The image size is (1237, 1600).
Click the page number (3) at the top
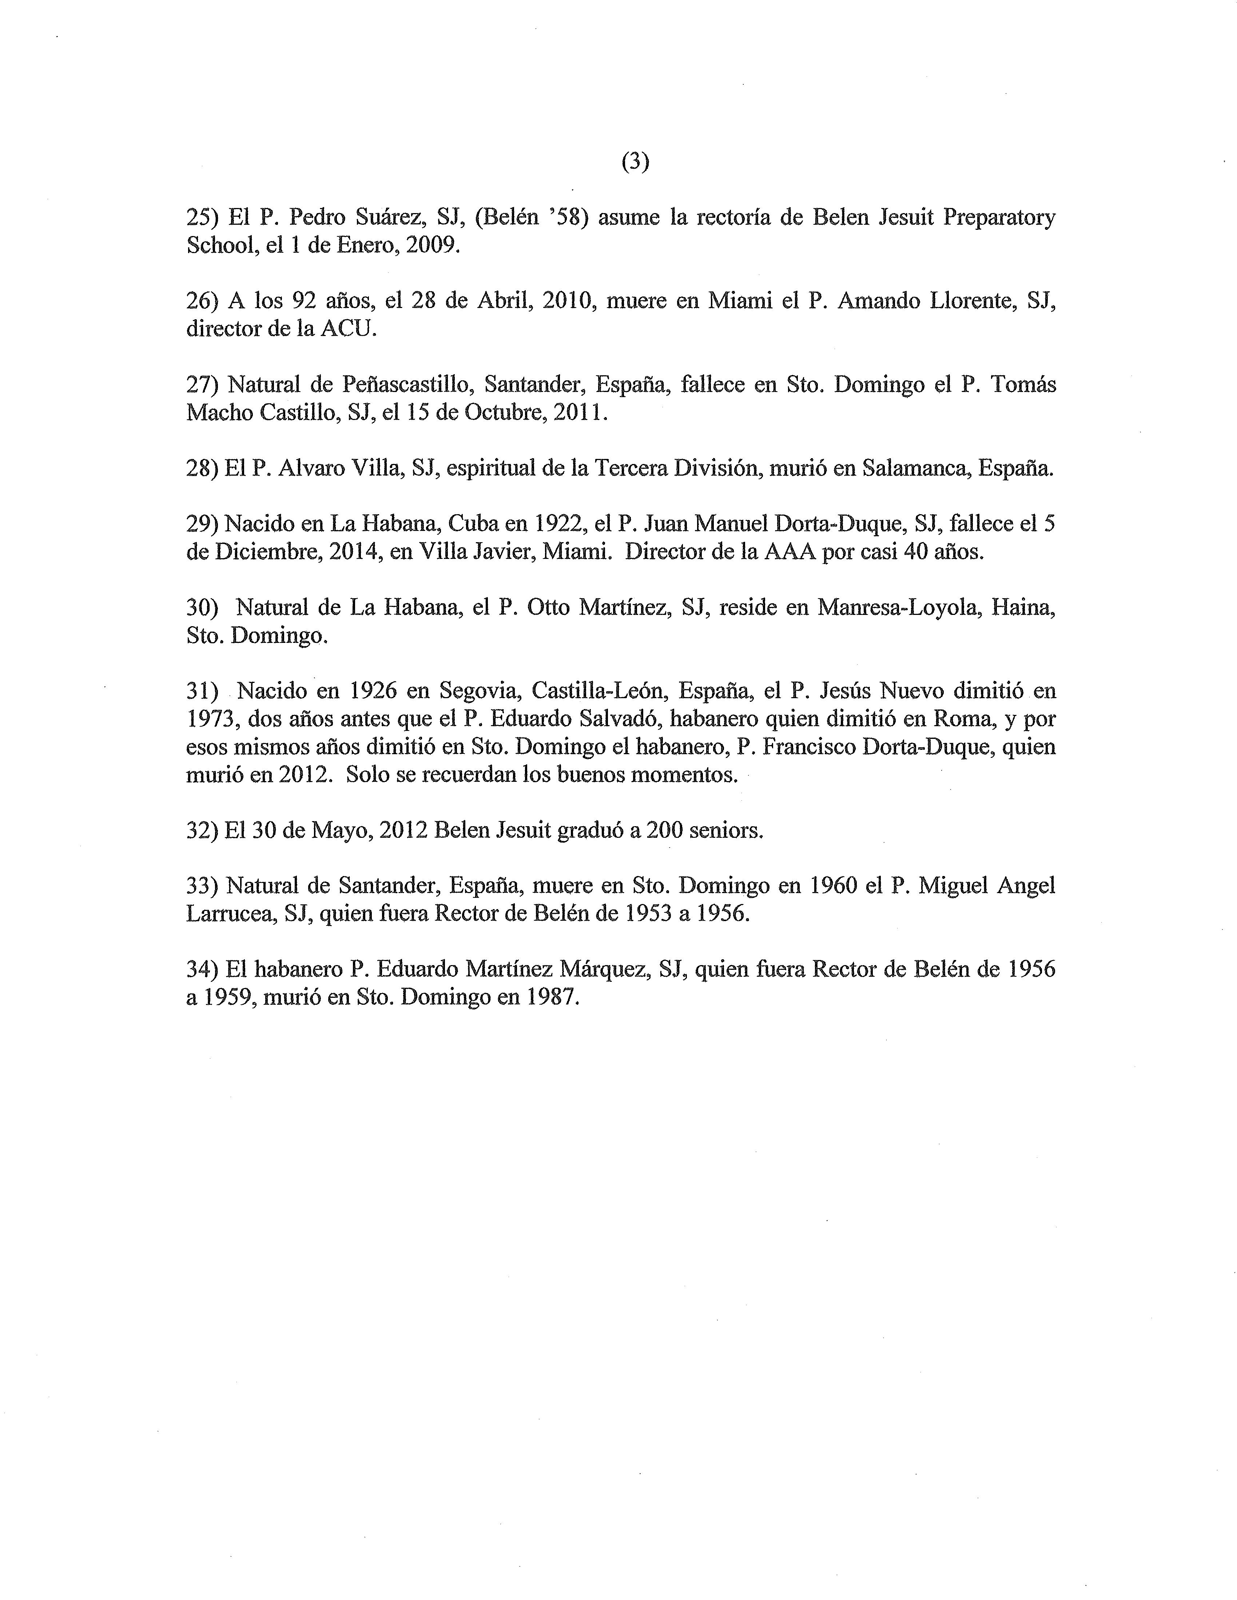(x=635, y=163)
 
